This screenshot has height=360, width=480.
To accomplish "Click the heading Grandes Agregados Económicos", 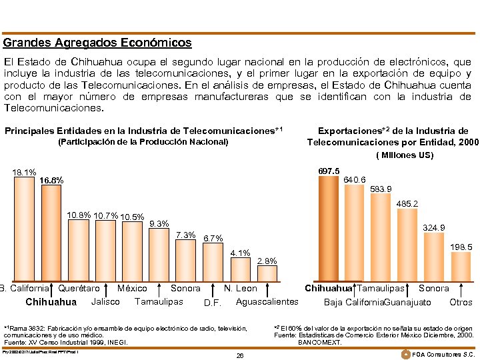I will [x=97, y=43].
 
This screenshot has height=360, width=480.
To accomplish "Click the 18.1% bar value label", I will [x=24, y=172].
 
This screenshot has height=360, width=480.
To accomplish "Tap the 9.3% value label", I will [x=159, y=223].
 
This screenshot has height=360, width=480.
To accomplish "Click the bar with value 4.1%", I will [x=239, y=270].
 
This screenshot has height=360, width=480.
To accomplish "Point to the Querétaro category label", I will [x=79, y=289].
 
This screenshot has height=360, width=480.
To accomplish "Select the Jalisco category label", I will [x=105, y=302].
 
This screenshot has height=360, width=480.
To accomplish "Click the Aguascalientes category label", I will [x=267, y=302].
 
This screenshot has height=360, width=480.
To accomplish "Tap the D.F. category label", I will [x=212, y=303].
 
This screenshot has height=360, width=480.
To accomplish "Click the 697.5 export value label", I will [x=329, y=171].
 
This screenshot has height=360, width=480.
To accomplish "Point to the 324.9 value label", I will [x=434, y=228].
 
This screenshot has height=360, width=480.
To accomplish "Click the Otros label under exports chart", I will [x=461, y=302].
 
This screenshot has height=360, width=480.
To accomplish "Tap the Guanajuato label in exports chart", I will [x=406, y=302].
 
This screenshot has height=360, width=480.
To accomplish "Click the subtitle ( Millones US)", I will [x=405, y=155].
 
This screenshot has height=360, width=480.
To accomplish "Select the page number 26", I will [x=240, y=355].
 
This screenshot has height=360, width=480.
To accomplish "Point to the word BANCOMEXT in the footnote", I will [x=320, y=342].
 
